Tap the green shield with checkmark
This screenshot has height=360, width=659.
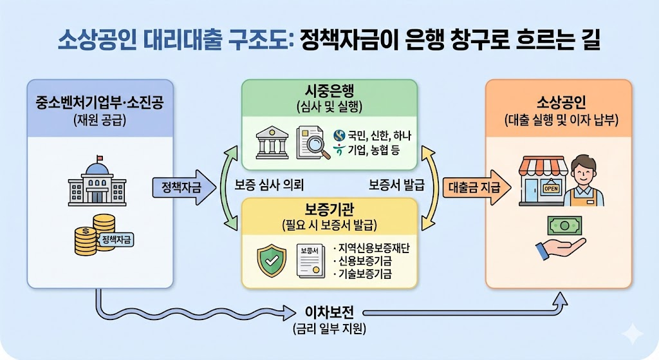click(271, 261)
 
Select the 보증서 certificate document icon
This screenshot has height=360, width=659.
click(311, 260)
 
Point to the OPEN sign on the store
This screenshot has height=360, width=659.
click(550, 189)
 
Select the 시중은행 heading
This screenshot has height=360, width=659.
click(328, 91)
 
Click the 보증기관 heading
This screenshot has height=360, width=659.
click(328, 211)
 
